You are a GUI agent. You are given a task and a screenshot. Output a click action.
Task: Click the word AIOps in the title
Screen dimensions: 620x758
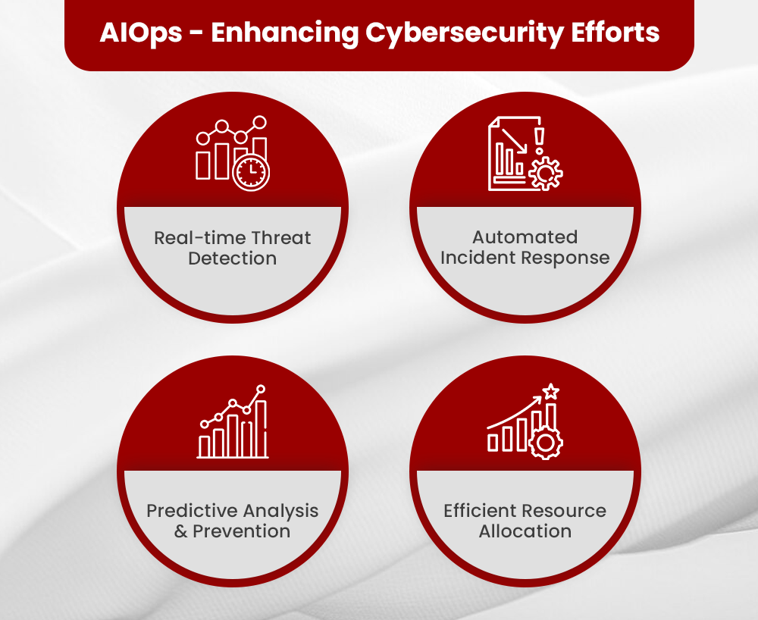[x=141, y=34]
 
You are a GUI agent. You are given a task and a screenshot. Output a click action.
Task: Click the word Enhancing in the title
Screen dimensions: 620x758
[x=285, y=34]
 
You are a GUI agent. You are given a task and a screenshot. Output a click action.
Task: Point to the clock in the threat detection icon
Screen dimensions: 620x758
[x=251, y=172]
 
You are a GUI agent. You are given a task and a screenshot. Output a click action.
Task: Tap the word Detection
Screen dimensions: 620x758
[x=232, y=258]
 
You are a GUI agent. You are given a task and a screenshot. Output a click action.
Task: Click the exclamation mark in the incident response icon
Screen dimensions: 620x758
[x=540, y=141]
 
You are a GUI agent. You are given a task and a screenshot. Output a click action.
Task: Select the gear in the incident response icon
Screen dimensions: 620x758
[x=545, y=174]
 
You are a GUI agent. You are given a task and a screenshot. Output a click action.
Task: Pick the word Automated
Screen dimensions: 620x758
[x=525, y=237]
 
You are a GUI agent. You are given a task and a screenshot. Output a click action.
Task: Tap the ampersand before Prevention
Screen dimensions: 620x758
[x=180, y=531]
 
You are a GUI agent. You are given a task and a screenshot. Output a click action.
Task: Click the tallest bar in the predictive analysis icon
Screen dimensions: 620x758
[x=262, y=429]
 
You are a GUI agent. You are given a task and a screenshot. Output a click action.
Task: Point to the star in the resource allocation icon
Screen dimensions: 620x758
[x=551, y=393]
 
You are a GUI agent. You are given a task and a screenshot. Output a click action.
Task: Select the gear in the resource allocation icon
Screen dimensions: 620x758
[x=544, y=442]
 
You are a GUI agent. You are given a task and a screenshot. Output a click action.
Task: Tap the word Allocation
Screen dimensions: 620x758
[x=525, y=531]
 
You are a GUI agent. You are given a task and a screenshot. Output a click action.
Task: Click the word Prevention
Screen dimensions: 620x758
[x=241, y=531]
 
